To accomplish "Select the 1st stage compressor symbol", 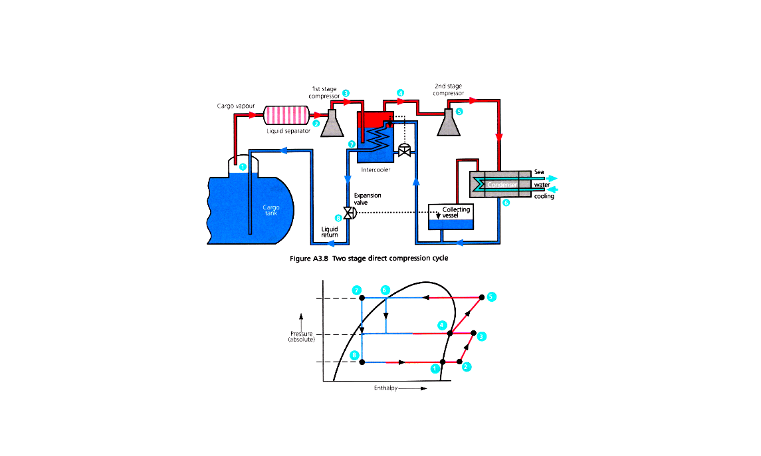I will point(332,123).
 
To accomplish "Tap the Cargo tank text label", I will point(271,211).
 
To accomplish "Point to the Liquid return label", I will point(330,231).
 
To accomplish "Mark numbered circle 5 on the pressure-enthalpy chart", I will point(491,296).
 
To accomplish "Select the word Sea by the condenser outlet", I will point(539,172).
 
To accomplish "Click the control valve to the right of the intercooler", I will point(403,150).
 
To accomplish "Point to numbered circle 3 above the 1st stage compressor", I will point(346,93).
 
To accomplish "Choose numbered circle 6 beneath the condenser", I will point(506,203).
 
